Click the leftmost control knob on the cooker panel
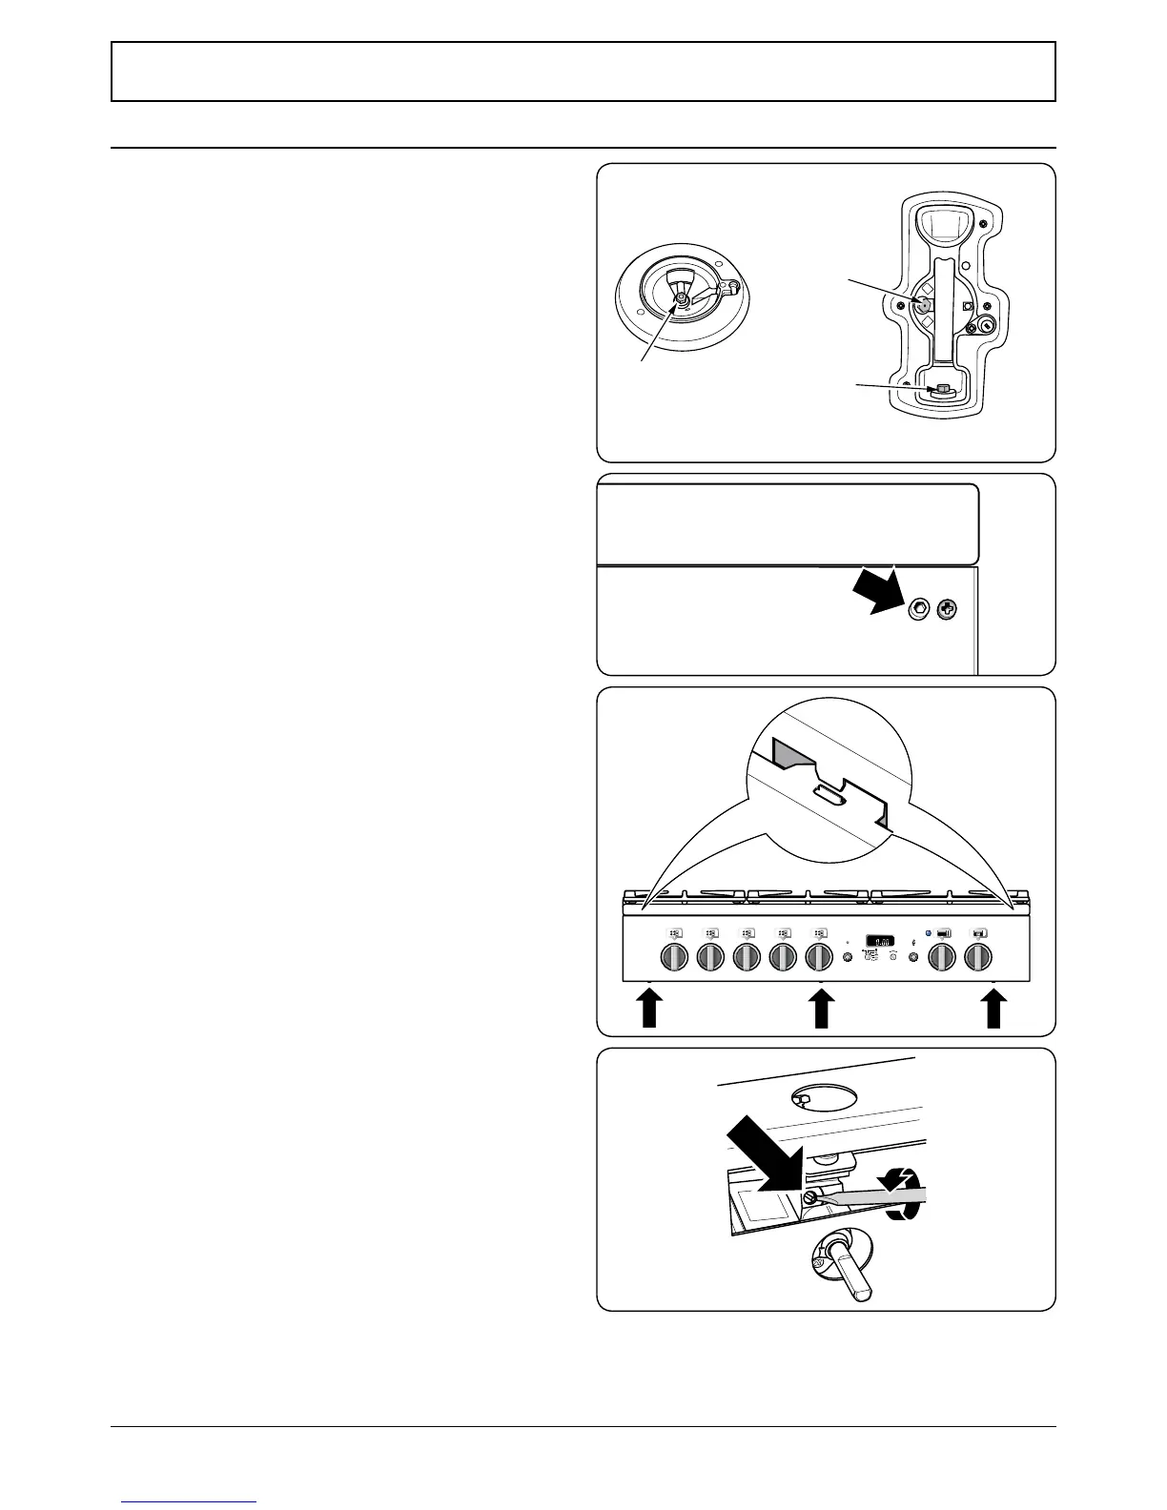tap(673, 956)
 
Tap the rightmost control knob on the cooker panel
tap(978, 956)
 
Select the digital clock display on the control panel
tap(879, 939)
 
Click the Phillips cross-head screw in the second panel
tap(947, 610)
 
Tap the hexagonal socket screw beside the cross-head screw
tap(919, 610)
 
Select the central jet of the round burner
tap(681, 299)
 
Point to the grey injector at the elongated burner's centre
tap(923, 305)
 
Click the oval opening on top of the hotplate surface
tap(806, 1099)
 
